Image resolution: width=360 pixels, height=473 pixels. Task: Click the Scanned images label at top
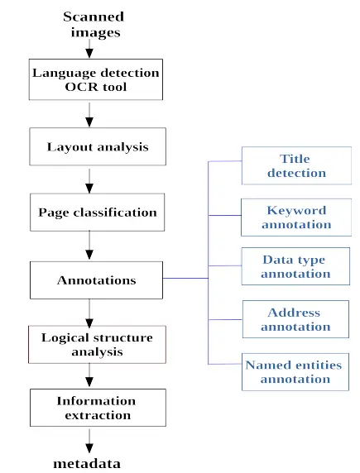pyautogui.click(x=94, y=25)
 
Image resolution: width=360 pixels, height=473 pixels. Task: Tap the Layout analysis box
pyautogui.click(x=97, y=146)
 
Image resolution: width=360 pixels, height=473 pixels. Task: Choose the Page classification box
pyautogui.click(x=97, y=212)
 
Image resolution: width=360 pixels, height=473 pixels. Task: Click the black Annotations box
pyautogui.click(x=96, y=279)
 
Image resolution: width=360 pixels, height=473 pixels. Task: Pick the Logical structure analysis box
pyautogui.click(x=96, y=344)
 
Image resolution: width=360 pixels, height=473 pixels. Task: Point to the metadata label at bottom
pyautogui.click(x=87, y=463)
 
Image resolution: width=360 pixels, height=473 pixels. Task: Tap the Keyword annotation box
pyautogui.click(x=295, y=217)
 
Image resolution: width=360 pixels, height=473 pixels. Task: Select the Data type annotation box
pyautogui.click(x=295, y=266)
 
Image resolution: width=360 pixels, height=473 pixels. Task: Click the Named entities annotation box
pyautogui.click(x=295, y=372)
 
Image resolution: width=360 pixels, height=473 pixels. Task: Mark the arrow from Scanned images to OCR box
pyautogui.click(x=89, y=49)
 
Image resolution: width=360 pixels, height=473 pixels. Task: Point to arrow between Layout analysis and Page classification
pyautogui.click(x=89, y=179)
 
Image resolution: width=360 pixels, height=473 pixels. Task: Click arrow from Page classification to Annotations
pyautogui.click(x=89, y=245)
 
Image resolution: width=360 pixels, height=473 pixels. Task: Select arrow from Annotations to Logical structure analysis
pyautogui.click(x=89, y=312)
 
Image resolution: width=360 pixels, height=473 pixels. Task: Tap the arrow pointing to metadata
pyautogui.click(x=89, y=440)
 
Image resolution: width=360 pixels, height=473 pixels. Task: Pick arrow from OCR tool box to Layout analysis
pyautogui.click(x=89, y=113)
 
